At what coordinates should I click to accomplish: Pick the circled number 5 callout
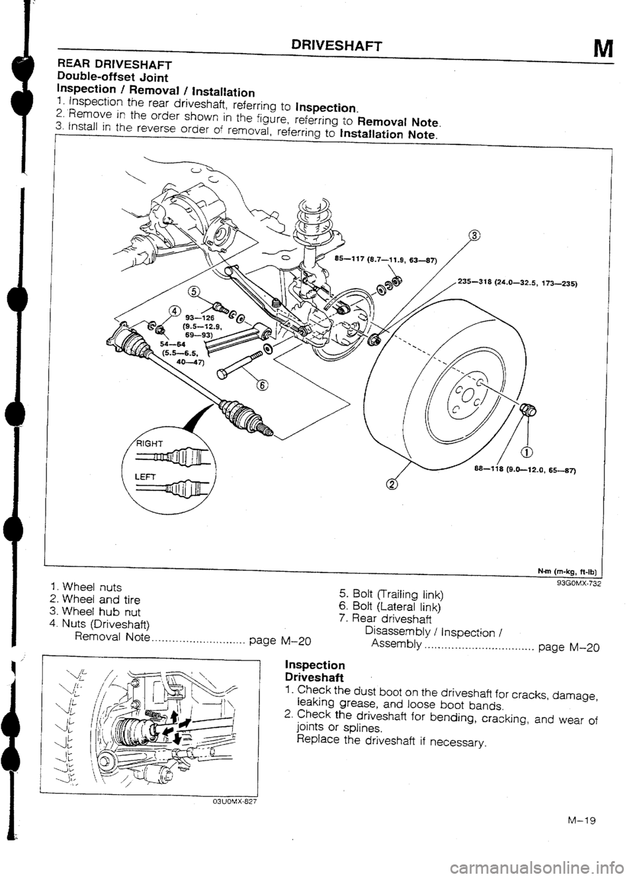pos(192,291)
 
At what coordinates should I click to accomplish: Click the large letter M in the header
pos(601,50)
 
